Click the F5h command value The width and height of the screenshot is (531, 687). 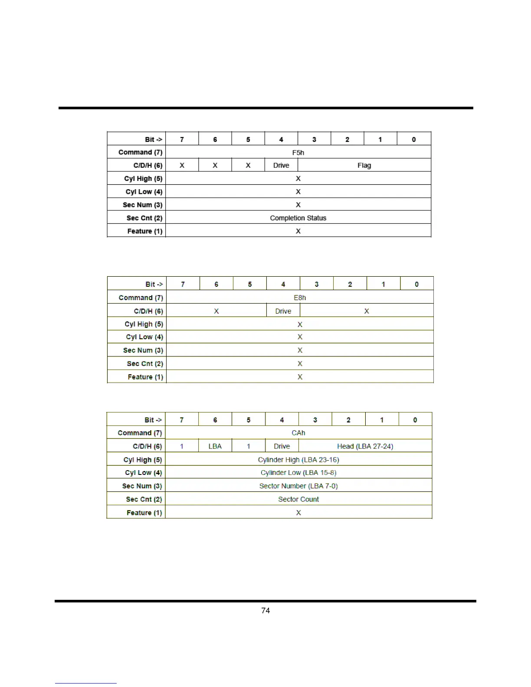coord(298,153)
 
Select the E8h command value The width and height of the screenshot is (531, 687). coord(300,298)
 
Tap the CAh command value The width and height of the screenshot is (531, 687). coord(298,433)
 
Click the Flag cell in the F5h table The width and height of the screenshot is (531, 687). coord(364,165)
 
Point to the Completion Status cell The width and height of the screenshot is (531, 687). coord(298,218)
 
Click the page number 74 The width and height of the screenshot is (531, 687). coord(265,611)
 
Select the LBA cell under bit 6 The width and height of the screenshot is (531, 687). coord(215,446)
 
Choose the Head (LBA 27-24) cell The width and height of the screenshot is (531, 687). coord(365,446)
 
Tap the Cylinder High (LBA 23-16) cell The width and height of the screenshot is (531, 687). coord(298,460)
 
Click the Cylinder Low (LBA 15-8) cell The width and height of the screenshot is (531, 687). coord(298,473)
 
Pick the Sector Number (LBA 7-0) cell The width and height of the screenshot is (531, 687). coord(298,486)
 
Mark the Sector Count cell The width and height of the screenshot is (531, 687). coord(298,499)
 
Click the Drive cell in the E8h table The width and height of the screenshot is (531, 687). coord(283,311)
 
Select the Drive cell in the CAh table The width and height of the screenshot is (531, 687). coord(282,446)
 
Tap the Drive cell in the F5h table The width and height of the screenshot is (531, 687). coord(281,165)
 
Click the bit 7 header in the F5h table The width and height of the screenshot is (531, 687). coord(182,139)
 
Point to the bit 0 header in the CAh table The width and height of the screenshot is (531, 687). coord(415,420)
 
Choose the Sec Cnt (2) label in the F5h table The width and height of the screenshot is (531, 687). coord(144,218)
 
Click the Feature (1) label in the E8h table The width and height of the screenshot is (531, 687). coord(145,377)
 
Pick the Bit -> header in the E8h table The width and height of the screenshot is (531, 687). coord(154,284)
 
